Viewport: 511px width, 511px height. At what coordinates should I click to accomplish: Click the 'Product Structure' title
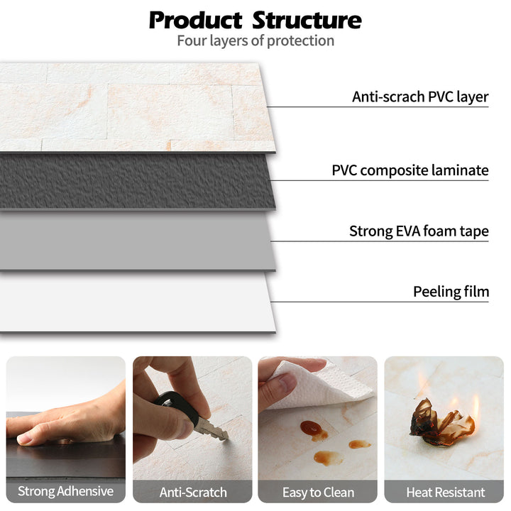[255, 19]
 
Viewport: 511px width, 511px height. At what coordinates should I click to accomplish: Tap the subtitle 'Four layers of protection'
[255, 40]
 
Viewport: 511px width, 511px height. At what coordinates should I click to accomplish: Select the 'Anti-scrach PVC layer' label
[420, 97]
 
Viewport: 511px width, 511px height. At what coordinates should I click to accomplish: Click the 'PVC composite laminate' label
[410, 170]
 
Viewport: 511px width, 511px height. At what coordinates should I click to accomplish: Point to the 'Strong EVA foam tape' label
[419, 231]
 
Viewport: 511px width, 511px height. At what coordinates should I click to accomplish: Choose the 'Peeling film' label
[451, 292]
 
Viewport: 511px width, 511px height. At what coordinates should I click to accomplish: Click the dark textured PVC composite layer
[135, 181]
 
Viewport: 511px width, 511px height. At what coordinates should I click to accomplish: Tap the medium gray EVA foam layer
[135, 241]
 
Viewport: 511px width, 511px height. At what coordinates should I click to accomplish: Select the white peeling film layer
[135, 302]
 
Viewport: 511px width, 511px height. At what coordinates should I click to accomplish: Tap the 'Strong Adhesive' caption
[65, 491]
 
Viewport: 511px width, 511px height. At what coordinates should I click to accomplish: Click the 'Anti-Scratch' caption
[193, 491]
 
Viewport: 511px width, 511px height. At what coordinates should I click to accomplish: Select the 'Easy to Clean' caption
[318, 491]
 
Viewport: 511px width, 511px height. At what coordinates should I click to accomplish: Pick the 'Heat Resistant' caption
[445, 491]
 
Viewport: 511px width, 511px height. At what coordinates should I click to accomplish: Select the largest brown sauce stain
[312, 429]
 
